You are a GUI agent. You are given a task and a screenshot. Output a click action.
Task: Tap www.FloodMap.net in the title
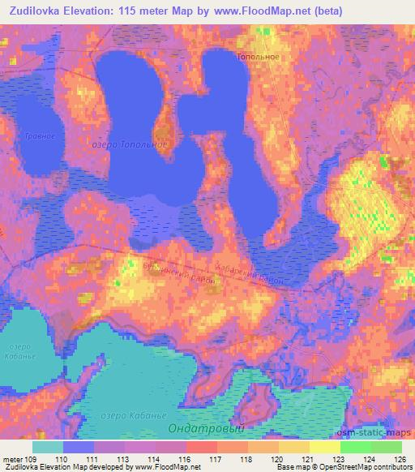(260, 11)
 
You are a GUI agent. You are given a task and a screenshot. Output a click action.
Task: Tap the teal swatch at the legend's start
(48, 447)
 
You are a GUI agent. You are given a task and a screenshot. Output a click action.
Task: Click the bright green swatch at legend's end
(386, 447)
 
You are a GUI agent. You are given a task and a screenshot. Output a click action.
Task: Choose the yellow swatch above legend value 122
(324, 447)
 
